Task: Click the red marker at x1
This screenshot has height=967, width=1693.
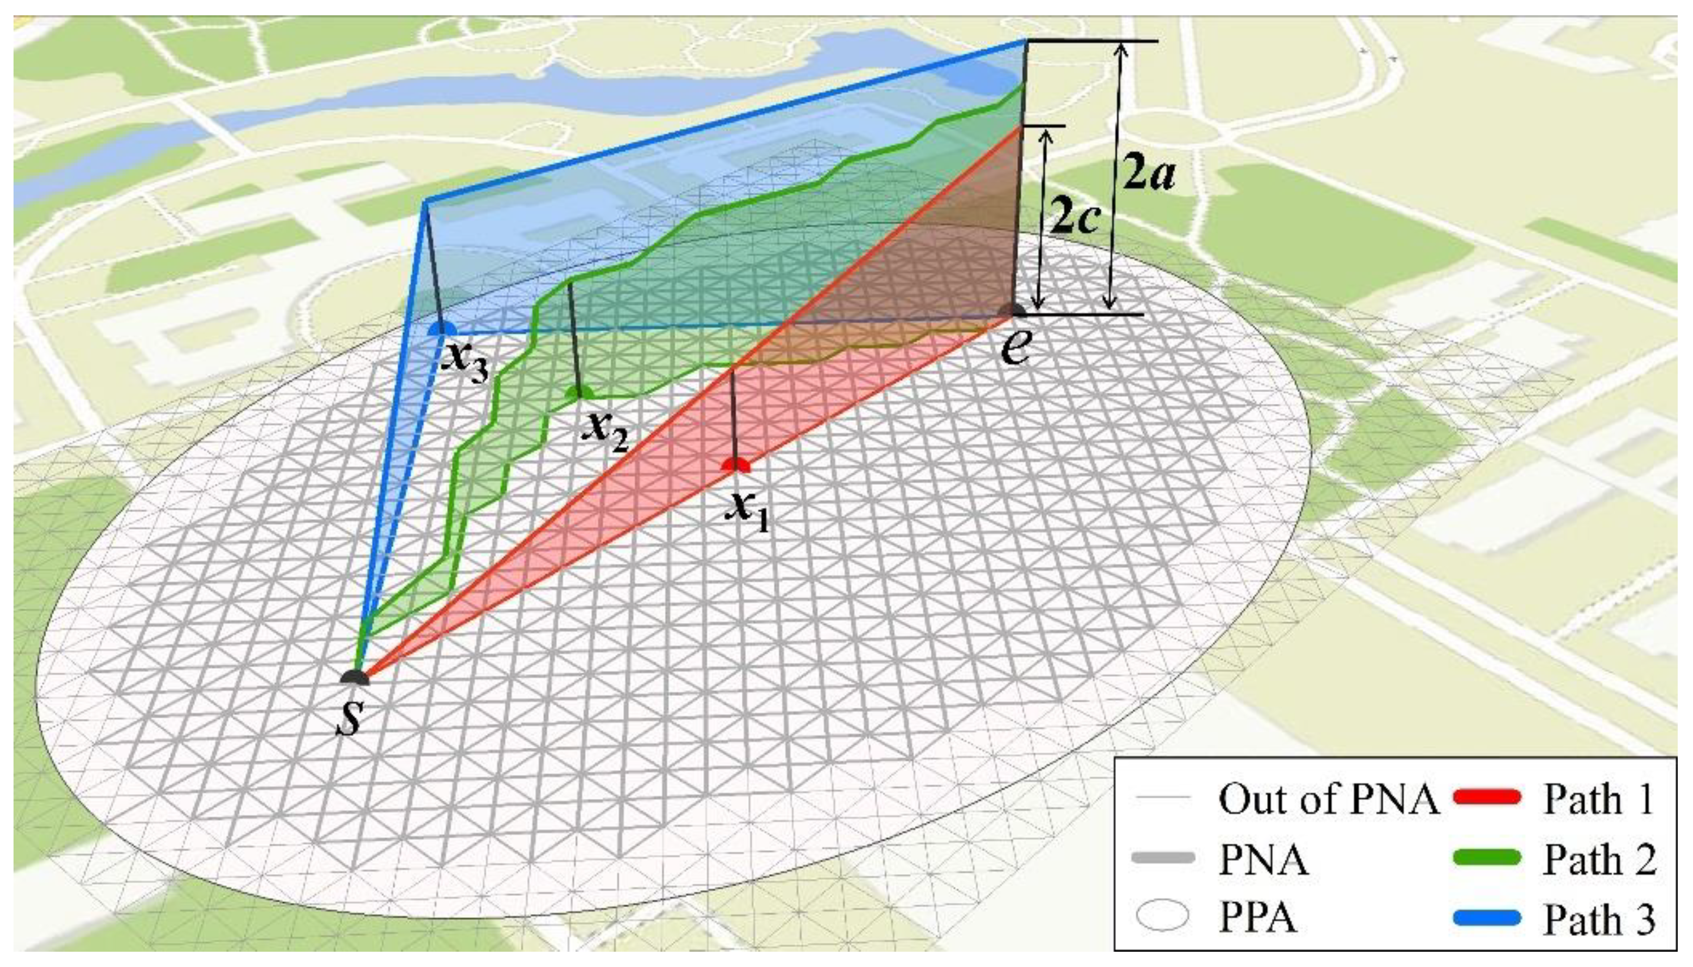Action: (x=735, y=465)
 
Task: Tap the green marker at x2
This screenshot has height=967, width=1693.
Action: (x=579, y=393)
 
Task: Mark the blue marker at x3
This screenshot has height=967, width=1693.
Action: (x=442, y=329)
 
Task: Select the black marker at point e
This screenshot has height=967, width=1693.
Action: (x=1015, y=310)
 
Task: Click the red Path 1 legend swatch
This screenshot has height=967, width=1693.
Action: (x=1487, y=798)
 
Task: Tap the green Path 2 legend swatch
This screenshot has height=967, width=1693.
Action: (x=1487, y=858)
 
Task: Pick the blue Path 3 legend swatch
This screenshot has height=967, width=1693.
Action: (x=1487, y=918)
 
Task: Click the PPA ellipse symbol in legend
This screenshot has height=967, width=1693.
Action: (x=1162, y=916)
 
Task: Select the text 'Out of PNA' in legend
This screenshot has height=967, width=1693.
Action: (x=1328, y=798)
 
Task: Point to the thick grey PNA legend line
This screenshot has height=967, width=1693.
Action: (x=1162, y=858)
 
